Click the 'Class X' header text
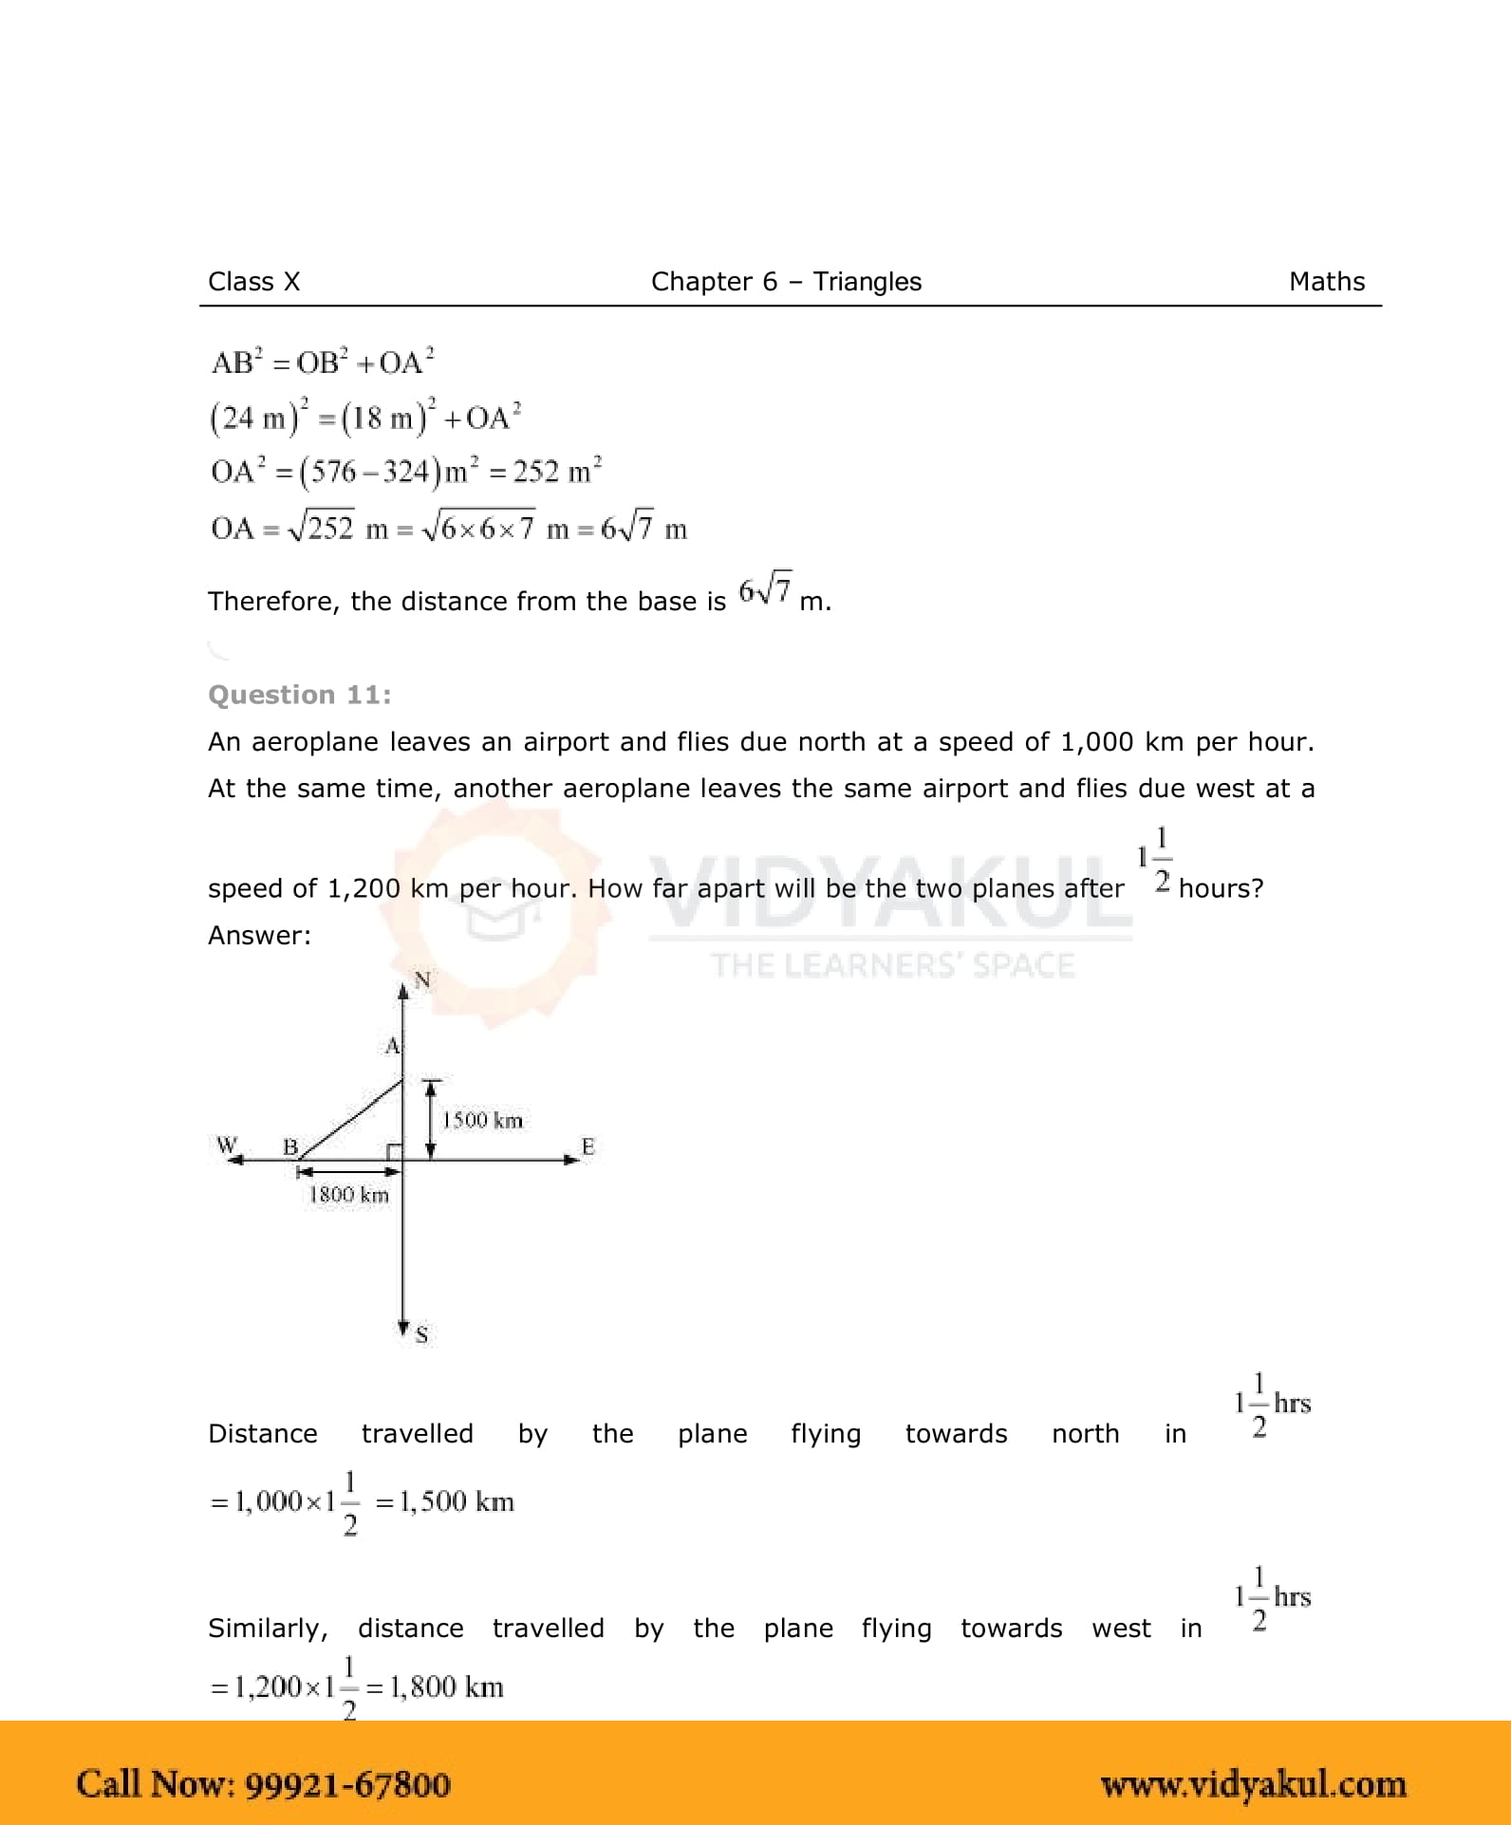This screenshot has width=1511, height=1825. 253,282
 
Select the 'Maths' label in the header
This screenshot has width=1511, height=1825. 1326,282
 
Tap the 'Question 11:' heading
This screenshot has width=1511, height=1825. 299,695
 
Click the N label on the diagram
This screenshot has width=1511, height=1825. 422,980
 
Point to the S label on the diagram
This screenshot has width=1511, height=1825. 421,1334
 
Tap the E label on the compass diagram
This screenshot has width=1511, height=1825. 588,1146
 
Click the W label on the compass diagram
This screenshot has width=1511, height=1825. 226,1145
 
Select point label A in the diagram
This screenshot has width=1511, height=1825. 392,1046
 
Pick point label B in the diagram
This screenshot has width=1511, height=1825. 290,1146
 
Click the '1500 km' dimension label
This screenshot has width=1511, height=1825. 482,1120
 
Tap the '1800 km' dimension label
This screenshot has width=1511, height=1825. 348,1195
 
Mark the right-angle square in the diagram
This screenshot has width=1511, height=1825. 394,1151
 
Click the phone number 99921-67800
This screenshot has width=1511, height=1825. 347,1784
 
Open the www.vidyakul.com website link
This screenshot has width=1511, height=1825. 1253,1784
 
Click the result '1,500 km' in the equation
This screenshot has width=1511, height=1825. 456,1501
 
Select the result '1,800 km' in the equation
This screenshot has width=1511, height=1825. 446,1686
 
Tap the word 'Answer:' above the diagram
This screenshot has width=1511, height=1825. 259,936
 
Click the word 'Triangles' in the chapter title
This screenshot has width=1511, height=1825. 867,282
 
